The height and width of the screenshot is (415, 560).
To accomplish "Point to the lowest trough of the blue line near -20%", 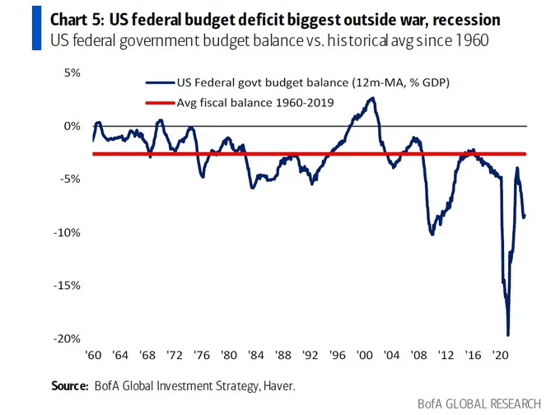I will pyautogui.click(x=507, y=334).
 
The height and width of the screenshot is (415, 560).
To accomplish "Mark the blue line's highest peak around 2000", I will pyautogui.click(x=372, y=98).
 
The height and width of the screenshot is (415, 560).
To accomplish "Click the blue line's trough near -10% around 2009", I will pyautogui.click(x=432, y=235).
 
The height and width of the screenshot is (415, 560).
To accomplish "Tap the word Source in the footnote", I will pyautogui.click(x=69, y=385).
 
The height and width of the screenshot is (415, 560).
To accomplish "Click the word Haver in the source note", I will pyautogui.click(x=279, y=385).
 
